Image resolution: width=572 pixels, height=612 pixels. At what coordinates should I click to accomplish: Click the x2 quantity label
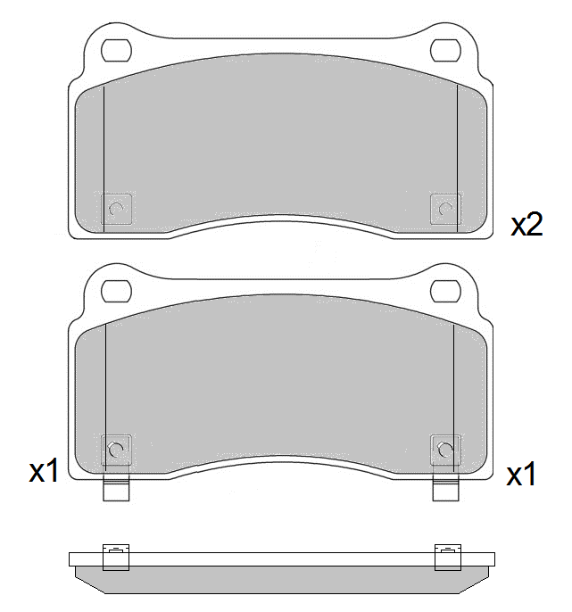(526, 225)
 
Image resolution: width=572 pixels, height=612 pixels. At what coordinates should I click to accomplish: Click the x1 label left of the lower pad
(44, 470)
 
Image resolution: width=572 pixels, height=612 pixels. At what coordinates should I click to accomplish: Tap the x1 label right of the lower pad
(521, 474)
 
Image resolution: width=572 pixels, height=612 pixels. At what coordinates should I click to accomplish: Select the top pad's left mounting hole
(116, 50)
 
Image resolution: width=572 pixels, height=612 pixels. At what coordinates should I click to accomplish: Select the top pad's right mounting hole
(445, 50)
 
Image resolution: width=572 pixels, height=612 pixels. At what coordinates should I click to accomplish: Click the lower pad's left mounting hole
(116, 291)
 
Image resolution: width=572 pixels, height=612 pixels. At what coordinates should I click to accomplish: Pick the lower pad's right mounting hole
(445, 291)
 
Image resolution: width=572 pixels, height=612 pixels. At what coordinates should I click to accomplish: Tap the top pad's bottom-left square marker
(116, 209)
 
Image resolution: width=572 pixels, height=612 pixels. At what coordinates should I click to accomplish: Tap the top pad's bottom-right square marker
(445, 209)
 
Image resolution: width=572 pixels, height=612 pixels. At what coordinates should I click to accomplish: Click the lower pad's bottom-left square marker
(116, 450)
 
